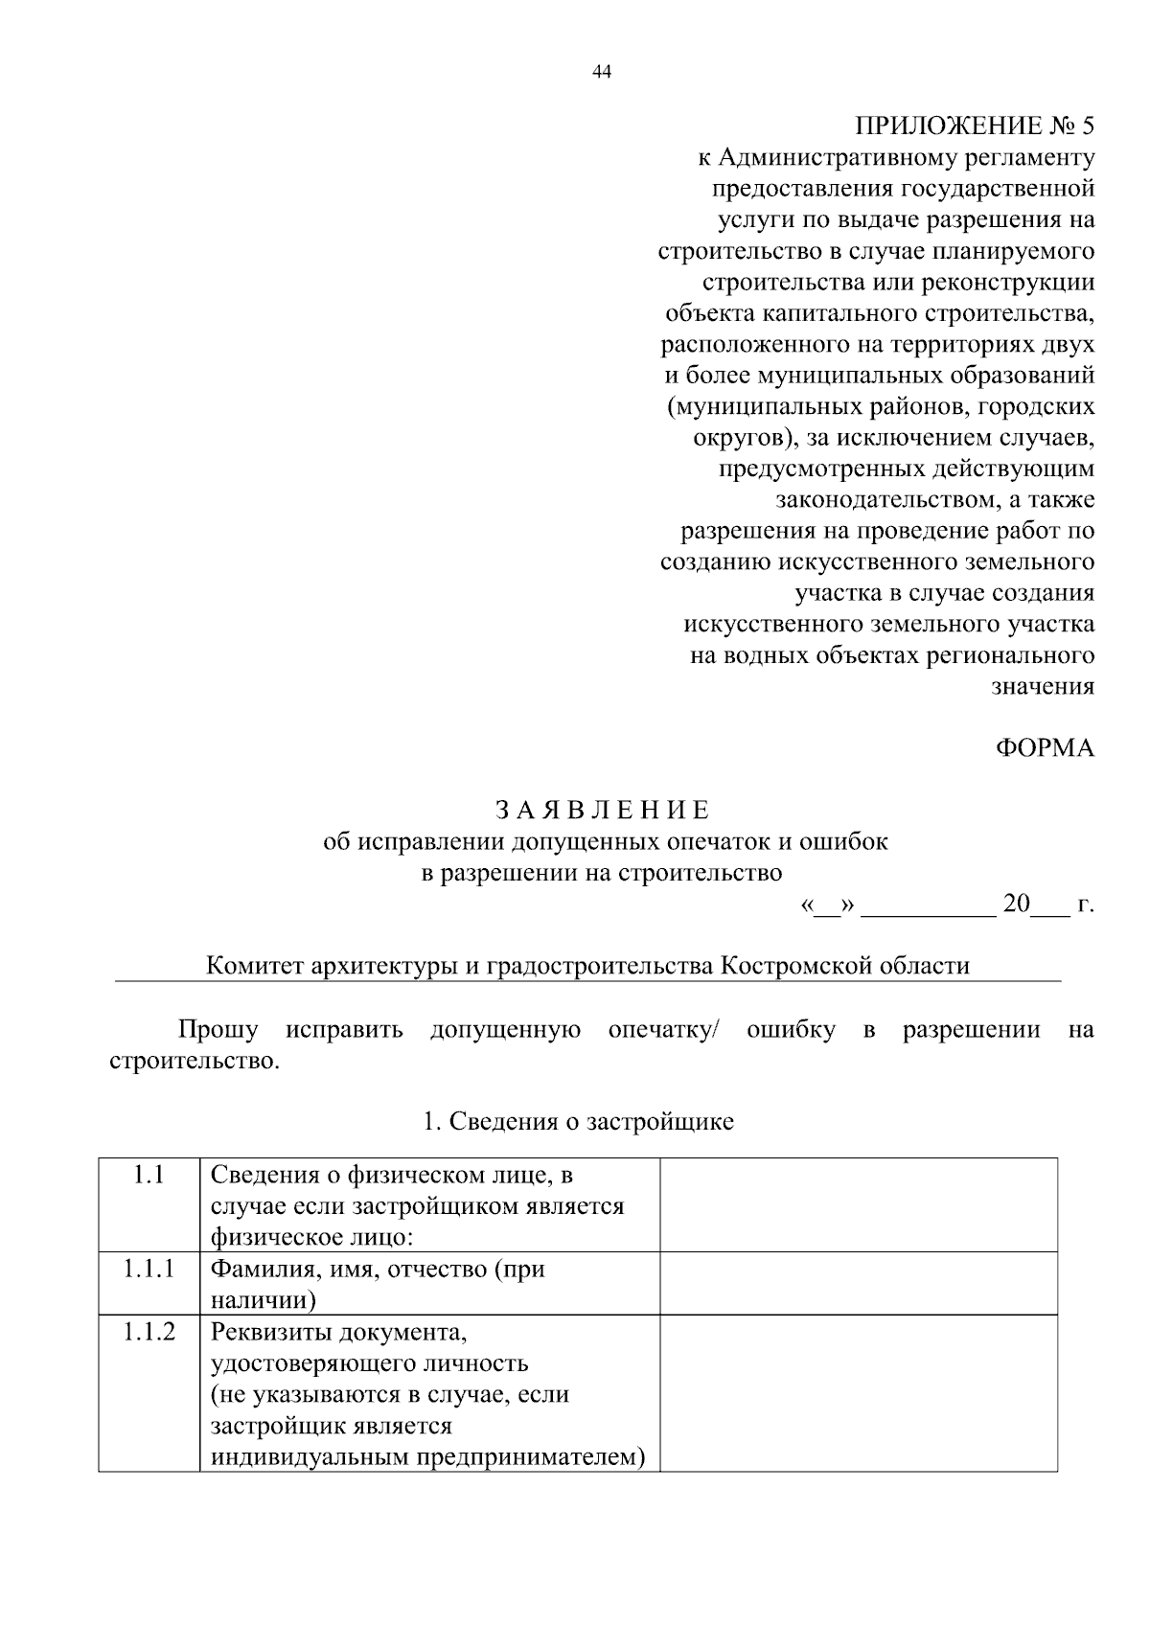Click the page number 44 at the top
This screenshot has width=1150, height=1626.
point(602,72)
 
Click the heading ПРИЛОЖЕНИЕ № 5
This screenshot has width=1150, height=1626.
point(974,126)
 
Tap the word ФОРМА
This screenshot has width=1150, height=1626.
point(1045,748)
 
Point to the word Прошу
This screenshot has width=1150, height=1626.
point(218,1030)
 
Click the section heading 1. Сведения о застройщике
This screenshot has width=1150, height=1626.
point(578,1121)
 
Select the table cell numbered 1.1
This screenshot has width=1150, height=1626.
point(149,1175)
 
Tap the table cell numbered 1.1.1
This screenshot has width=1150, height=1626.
point(149,1270)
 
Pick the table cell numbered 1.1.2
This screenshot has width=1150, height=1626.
point(149,1332)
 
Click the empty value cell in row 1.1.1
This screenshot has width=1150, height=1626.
point(858,1283)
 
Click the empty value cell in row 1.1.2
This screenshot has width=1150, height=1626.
point(858,1392)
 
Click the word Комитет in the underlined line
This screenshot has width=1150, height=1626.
point(254,965)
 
